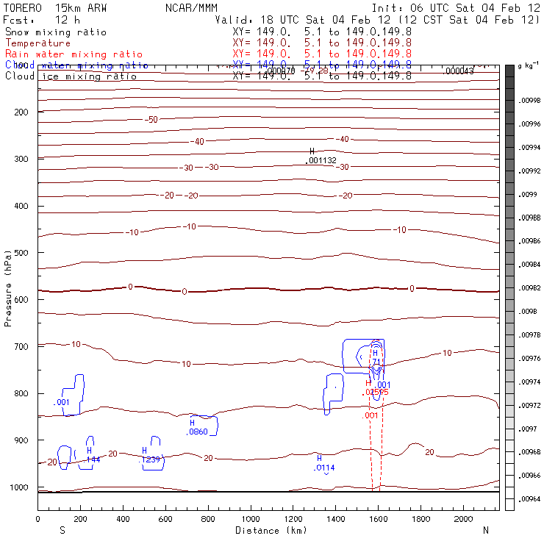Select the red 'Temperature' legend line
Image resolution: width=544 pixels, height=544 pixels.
click(38, 43)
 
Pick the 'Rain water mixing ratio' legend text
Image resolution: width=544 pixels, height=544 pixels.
click(74, 54)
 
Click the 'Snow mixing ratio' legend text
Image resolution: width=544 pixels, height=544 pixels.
click(56, 32)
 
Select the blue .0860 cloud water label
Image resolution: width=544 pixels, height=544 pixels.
click(198, 432)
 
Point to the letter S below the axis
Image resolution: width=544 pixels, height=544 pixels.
click(62, 530)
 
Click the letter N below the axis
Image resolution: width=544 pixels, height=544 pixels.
click(486, 530)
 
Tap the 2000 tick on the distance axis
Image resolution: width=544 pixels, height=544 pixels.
click(464, 519)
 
